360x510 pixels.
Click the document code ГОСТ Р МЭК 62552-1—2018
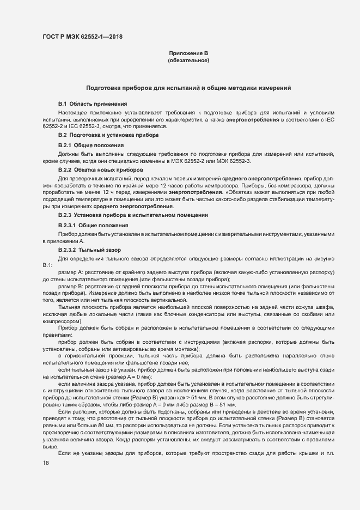82,37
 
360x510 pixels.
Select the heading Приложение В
188,53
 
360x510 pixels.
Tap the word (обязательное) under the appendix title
188,60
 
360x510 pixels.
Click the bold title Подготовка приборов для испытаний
188,88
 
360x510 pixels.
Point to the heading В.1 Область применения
92,103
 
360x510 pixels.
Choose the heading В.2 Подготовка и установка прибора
108,134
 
